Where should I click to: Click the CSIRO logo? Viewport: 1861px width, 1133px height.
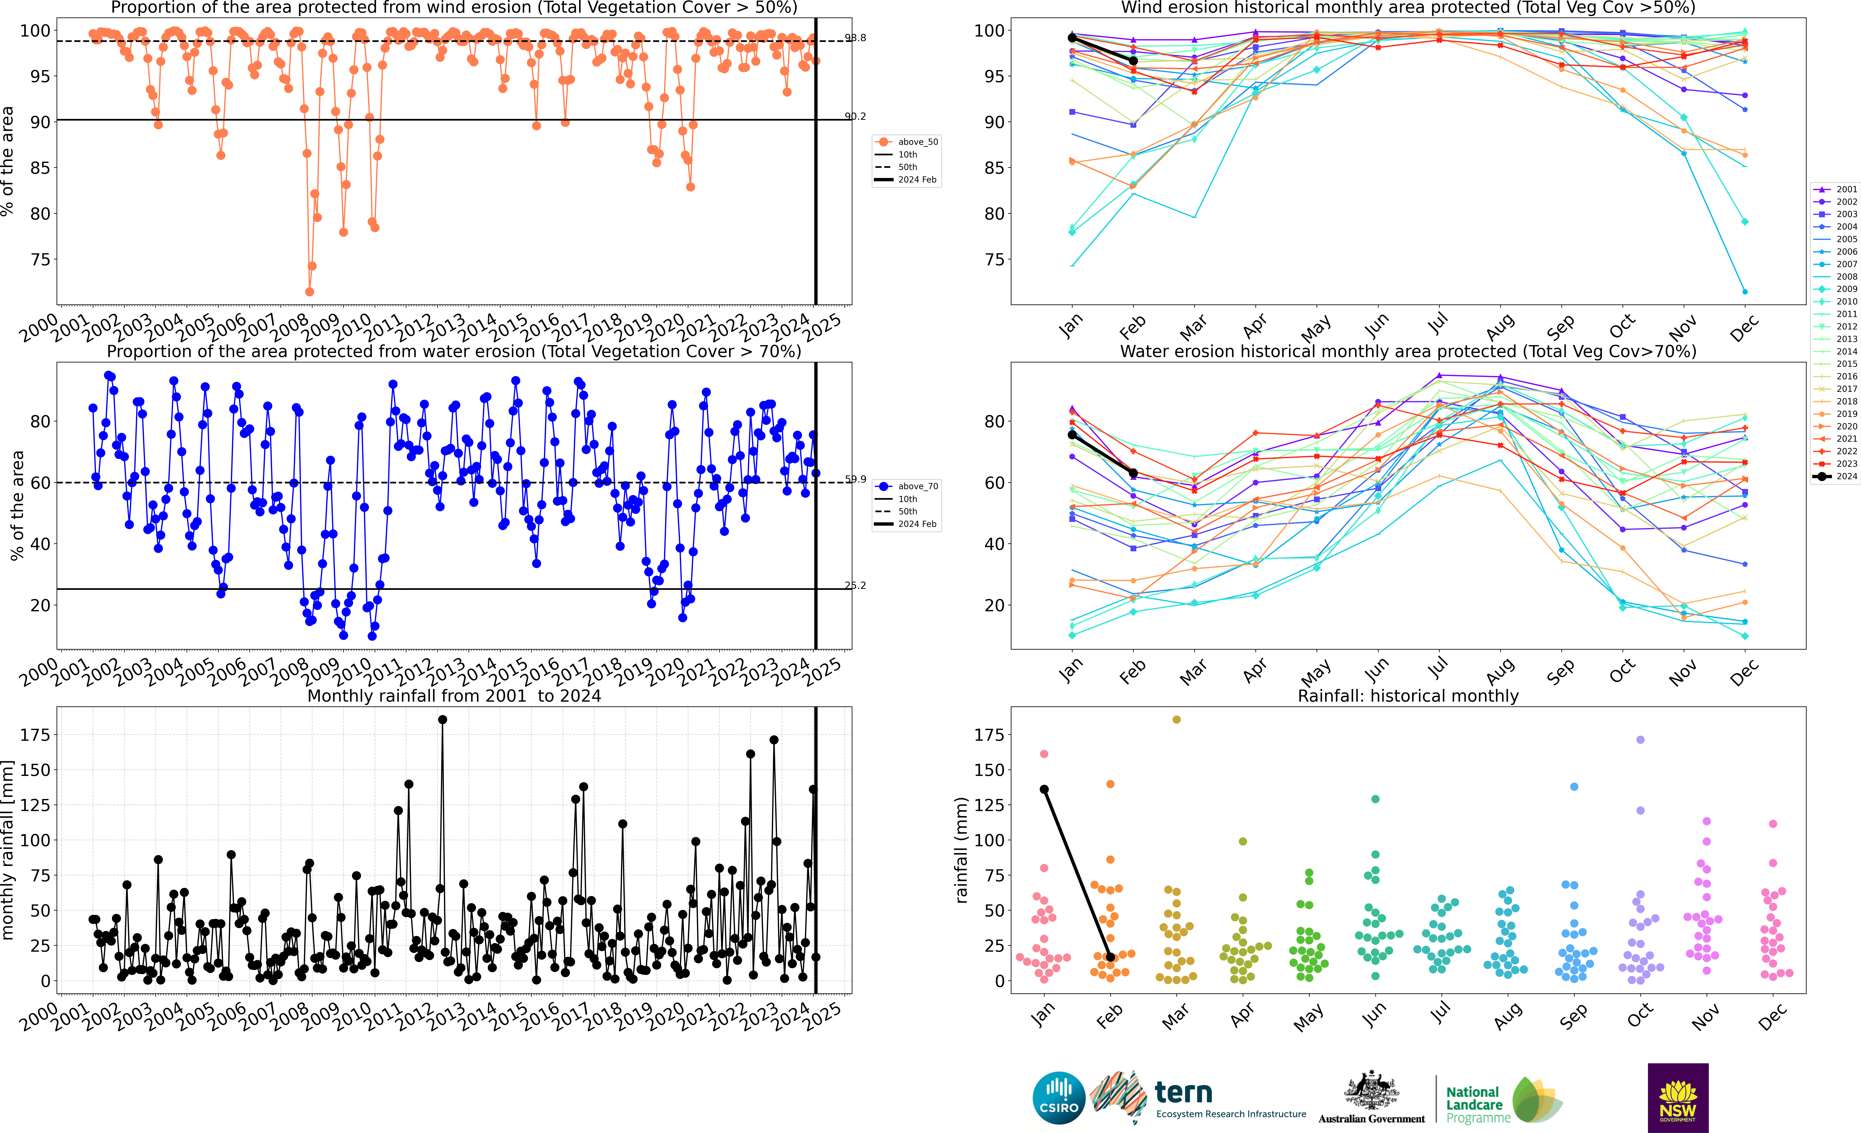[x=1059, y=1098]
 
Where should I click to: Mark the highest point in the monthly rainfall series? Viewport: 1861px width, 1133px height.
[x=443, y=720]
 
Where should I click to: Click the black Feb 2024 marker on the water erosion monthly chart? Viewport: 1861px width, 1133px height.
[x=1133, y=473]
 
